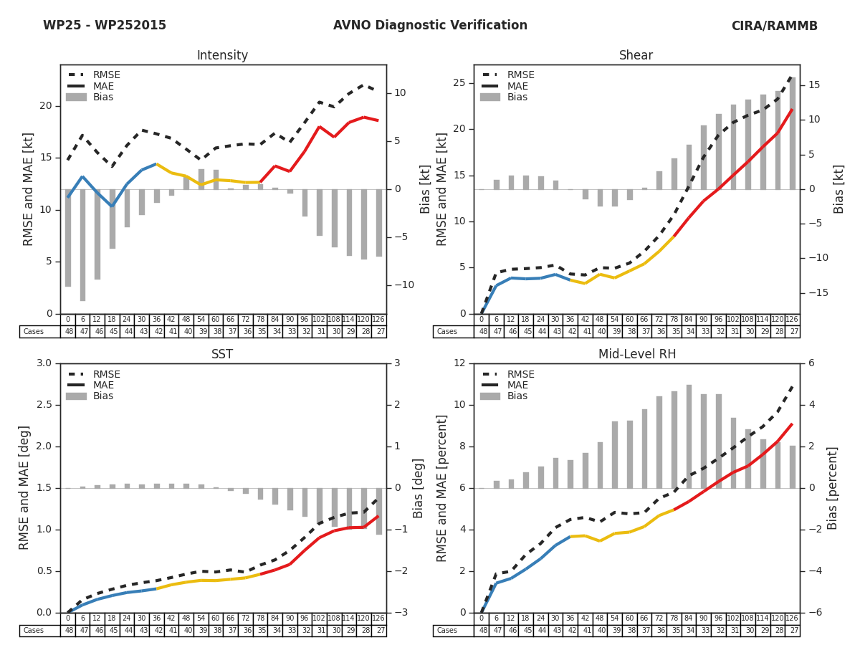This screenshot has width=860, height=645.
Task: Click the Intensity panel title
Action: click(222, 56)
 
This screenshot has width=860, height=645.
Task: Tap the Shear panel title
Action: click(636, 56)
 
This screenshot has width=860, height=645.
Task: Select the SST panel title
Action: click(222, 355)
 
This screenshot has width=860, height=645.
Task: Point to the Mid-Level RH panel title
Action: click(636, 355)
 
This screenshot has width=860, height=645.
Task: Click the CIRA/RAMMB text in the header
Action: click(774, 26)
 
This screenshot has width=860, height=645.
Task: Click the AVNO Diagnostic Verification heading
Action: click(430, 26)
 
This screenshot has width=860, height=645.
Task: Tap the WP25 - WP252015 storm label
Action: click(105, 26)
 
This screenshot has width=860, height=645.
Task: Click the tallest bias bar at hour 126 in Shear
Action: click(792, 133)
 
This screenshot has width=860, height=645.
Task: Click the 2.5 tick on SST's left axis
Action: click(43, 405)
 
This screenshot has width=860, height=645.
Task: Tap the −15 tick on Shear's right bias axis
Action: click(817, 292)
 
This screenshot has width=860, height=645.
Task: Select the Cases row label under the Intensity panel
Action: click(34, 332)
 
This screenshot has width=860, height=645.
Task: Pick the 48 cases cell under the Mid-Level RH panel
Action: click(482, 631)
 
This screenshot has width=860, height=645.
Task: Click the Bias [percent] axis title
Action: click(832, 488)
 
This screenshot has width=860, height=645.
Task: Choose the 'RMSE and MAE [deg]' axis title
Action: click(25, 488)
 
